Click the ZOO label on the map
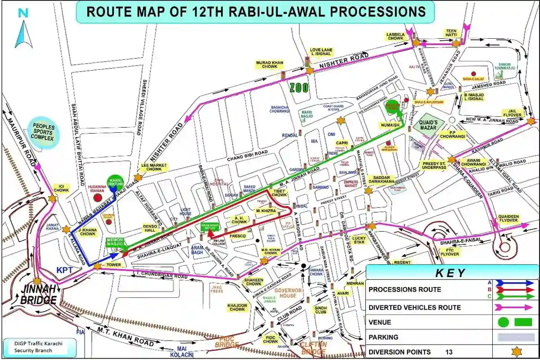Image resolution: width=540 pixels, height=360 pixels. tap(299, 87)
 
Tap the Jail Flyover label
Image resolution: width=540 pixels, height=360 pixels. tap(513, 112)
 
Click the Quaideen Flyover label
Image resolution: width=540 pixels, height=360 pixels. tap(508, 218)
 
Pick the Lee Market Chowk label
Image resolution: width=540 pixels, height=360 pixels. tap(154, 167)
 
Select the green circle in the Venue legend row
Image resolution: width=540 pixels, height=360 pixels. tap(503, 322)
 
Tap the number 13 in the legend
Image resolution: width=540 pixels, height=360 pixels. tap(449, 352)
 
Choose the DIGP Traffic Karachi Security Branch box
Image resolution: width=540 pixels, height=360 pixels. tap(38, 347)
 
